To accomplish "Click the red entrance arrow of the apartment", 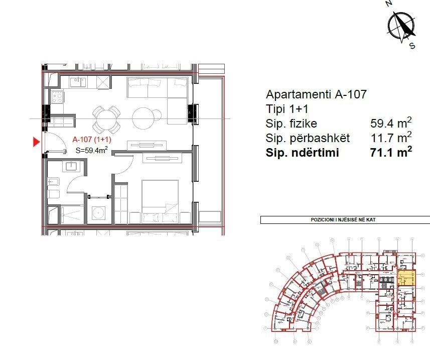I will [x=36, y=142].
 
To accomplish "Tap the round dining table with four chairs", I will [x=106, y=118].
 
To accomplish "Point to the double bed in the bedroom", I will [x=160, y=201].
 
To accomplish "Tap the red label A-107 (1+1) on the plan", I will [x=91, y=140].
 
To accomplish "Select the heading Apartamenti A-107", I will [x=316, y=94].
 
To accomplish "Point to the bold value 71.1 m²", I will [x=391, y=153].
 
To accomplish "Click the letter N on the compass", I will [x=388, y=4].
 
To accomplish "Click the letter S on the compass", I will [x=412, y=46].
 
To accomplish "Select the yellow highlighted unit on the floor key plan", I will [x=406, y=278].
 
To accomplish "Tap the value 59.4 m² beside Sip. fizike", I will [x=391, y=124].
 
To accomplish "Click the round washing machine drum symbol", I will [x=99, y=213].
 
